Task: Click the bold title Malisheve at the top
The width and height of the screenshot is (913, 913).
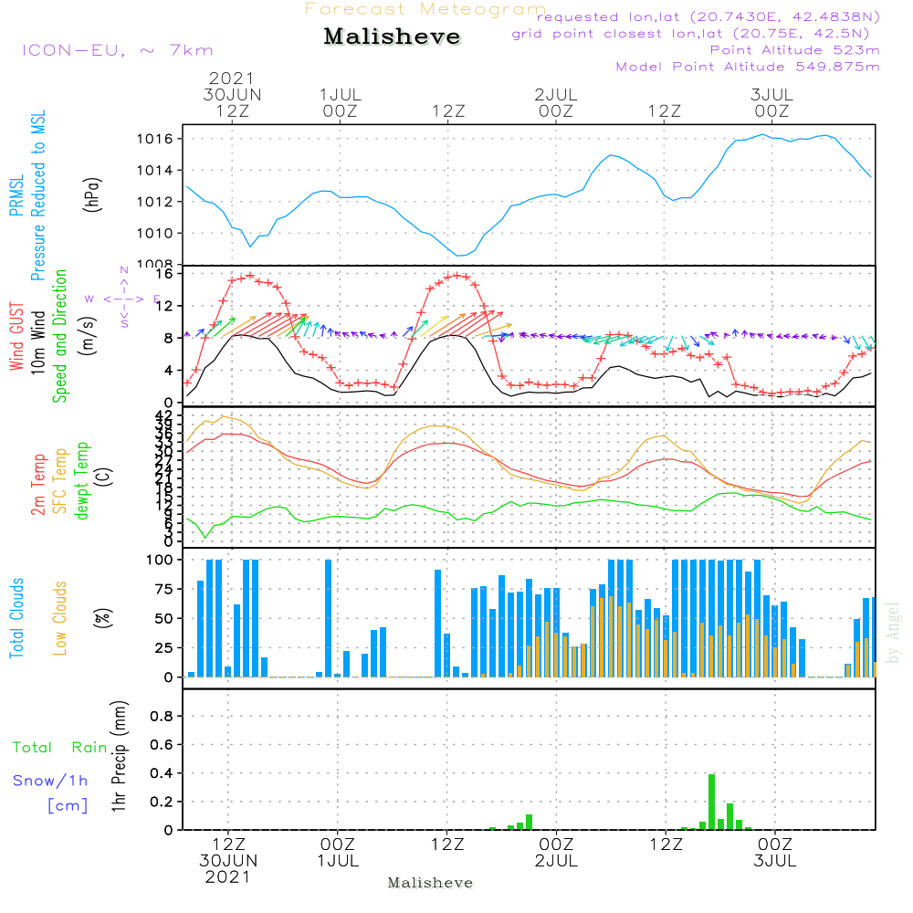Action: (392, 37)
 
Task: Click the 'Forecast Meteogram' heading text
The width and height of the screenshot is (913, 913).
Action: (425, 9)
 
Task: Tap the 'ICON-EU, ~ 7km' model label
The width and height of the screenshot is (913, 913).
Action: (117, 50)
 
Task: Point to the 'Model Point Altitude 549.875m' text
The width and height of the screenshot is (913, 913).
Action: (747, 67)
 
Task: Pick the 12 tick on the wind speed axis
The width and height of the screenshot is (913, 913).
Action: (167, 306)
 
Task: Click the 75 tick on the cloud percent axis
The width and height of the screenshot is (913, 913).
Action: (165, 590)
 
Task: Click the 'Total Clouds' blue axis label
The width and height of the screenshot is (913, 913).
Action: (17, 618)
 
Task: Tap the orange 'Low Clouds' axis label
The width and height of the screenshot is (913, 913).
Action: (61, 618)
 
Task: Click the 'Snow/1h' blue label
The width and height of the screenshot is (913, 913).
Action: (51, 781)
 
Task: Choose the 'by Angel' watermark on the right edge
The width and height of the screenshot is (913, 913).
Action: (893, 632)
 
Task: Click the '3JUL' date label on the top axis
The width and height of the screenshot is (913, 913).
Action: (771, 95)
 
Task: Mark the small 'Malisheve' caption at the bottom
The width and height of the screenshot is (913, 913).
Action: (430, 883)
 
